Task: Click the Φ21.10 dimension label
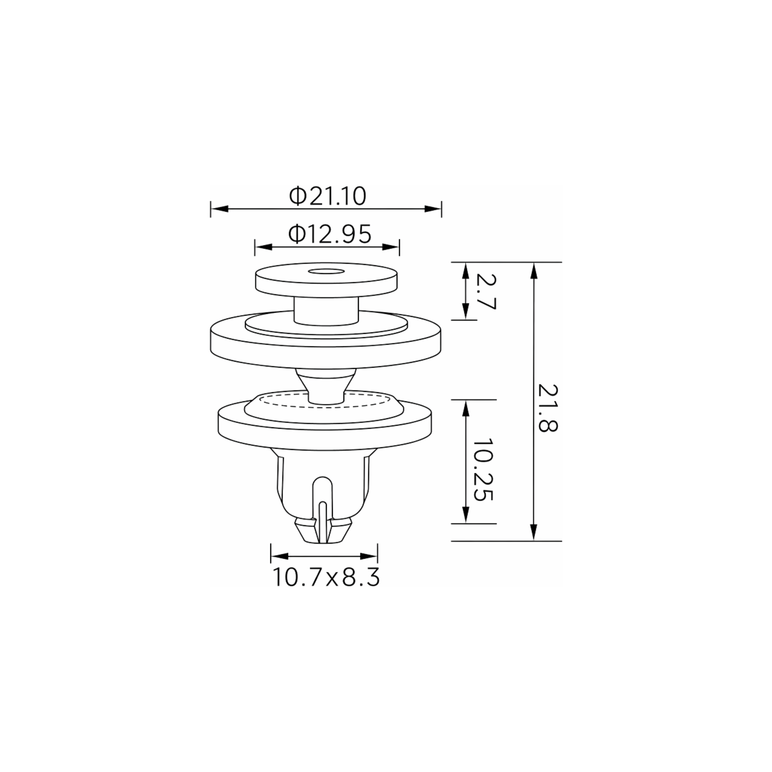point(328,196)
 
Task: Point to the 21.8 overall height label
point(548,408)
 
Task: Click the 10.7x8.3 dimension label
point(326,577)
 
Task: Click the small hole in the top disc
point(326,272)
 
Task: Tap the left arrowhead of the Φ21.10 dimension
point(219,208)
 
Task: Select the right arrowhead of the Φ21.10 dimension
point(433,208)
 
